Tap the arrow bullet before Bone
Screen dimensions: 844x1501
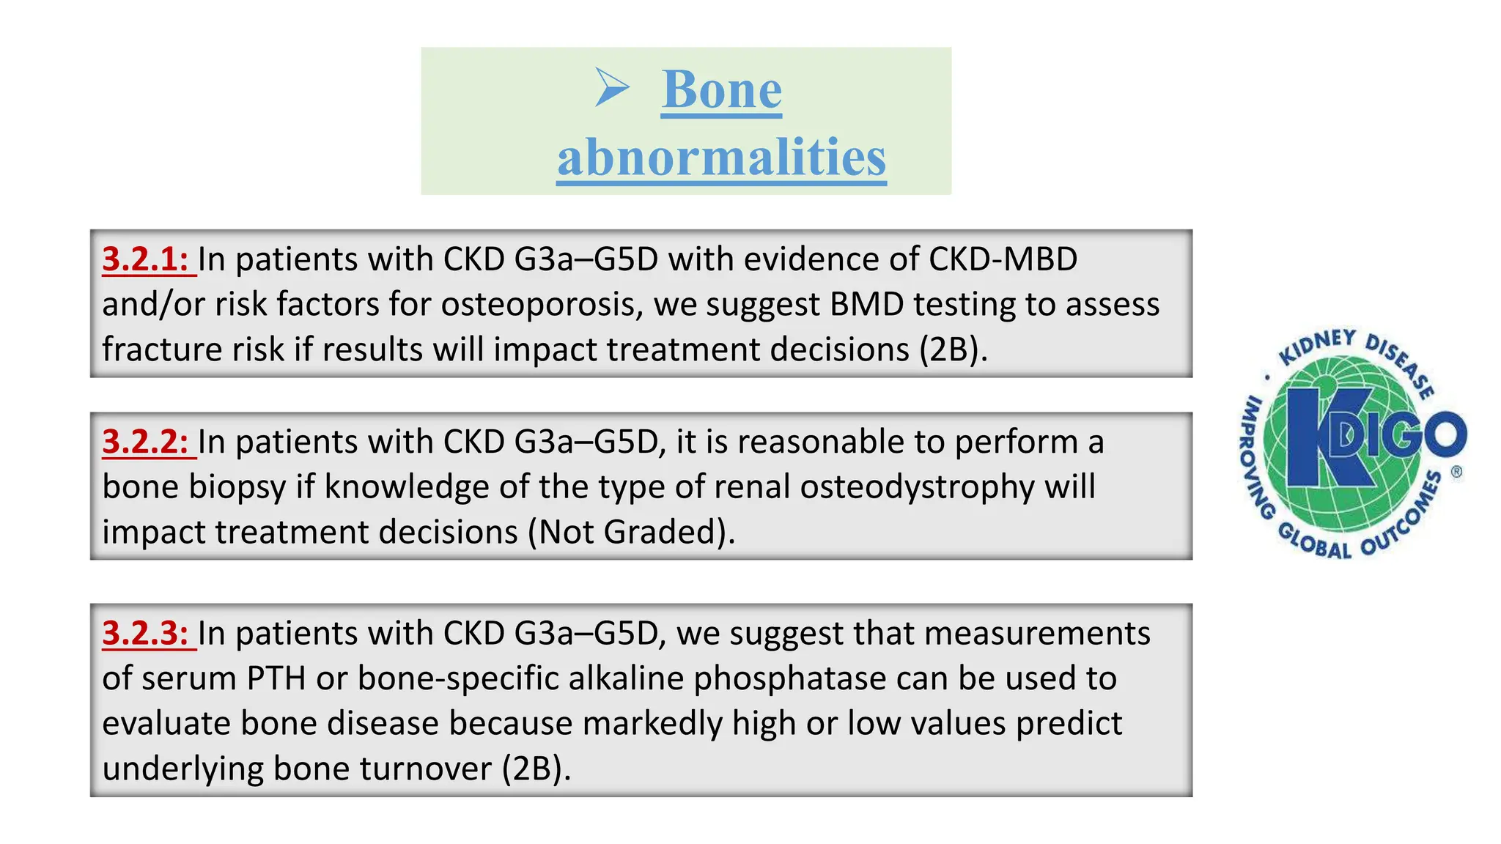pos(612,87)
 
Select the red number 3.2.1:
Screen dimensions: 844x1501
pos(146,259)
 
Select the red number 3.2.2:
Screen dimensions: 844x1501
pos(146,442)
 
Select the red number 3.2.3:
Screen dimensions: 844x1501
pos(146,633)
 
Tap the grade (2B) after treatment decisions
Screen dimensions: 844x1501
pos(954,349)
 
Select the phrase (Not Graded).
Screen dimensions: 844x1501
pos(631,532)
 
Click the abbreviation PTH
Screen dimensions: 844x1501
pos(276,678)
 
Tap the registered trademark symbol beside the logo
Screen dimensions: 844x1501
pos(1456,472)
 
